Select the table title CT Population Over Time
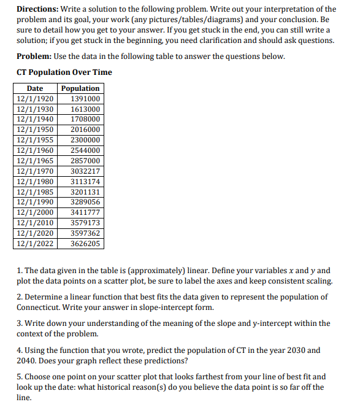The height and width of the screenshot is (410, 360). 64,72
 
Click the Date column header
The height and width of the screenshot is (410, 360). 35,88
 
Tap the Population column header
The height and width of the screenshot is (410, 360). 80,88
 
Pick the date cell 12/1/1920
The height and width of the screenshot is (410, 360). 35,99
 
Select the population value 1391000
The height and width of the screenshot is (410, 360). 85,99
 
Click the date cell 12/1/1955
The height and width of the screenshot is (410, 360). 35,140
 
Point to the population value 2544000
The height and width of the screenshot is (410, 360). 85,150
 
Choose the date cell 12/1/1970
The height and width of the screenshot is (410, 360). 35,171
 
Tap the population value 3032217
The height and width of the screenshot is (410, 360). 85,171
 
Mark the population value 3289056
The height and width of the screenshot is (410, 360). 85,202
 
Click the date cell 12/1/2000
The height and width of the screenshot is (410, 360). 35,212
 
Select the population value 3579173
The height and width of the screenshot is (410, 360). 85,223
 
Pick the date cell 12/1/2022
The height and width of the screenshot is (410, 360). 35,244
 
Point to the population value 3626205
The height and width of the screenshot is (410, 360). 85,244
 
